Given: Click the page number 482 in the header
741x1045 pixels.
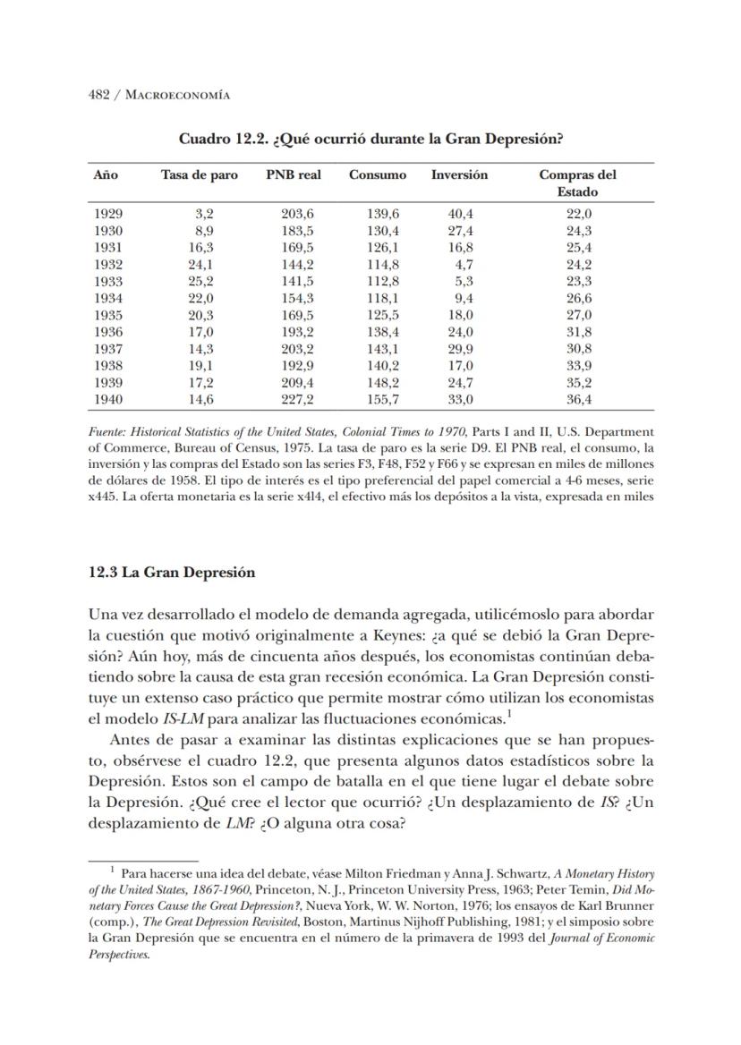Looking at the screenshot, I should pos(99,95).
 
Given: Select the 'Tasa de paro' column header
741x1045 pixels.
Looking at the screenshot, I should pos(200,174).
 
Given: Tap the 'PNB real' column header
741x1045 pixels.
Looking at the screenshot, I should pos(293,174).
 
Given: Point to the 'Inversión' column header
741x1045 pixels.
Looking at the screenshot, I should pos(459,174).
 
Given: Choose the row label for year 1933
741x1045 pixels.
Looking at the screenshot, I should pos(108,281).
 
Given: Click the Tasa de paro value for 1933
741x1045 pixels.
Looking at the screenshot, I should pos(202,281).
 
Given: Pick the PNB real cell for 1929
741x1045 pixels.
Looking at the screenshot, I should pos(298,213).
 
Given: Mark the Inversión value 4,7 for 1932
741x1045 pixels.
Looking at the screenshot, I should pos(463,264).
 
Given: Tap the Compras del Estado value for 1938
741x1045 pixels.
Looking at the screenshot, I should pos(579,366).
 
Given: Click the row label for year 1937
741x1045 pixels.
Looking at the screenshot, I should pos(108,349).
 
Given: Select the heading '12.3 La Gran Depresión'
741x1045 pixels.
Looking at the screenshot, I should pos(172,573).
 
